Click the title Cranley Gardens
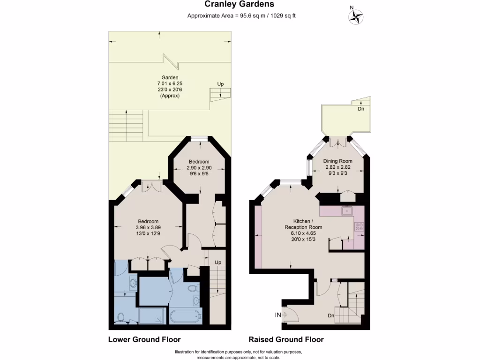(x=240, y=5)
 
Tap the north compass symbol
(x=356, y=17)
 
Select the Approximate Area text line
(x=241, y=15)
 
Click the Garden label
(x=170, y=78)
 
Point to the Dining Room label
(x=338, y=161)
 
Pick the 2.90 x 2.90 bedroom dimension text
(x=199, y=167)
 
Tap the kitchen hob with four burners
(x=359, y=226)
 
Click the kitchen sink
(x=346, y=211)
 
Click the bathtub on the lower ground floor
(x=184, y=316)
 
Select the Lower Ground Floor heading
(x=144, y=339)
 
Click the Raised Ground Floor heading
(x=286, y=339)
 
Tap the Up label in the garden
(x=220, y=84)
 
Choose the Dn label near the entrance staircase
(x=331, y=315)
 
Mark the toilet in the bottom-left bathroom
(x=121, y=317)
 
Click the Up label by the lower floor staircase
(x=217, y=262)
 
